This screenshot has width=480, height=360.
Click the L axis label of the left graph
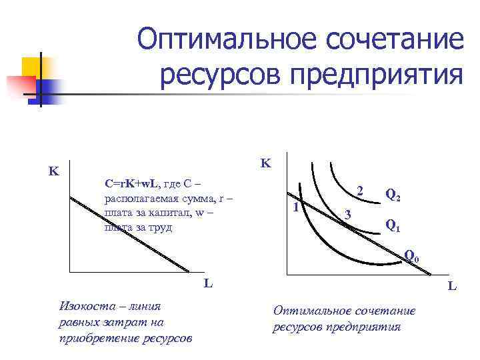click(x=208, y=283)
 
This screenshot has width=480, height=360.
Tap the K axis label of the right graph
click(x=266, y=163)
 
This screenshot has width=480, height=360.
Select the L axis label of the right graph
click(x=452, y=287)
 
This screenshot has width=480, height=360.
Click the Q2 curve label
click(x=393, y=195)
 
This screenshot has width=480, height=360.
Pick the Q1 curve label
click(x=393, y=226)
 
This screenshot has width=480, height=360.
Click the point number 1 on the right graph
click(x=295, y=207)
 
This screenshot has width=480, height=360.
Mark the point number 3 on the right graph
click(x=346, y=214)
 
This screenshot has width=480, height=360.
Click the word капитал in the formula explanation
click(x=161, y=213)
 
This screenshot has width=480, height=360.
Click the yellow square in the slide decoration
click(x=33, y=69)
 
